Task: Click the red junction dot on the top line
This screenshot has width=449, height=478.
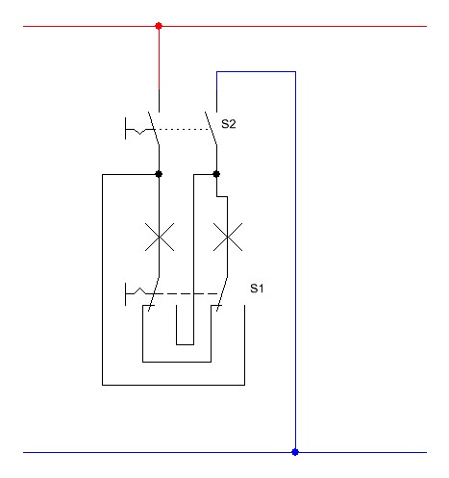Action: (x=159, y=26)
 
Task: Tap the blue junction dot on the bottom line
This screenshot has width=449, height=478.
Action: (x=295, y=452)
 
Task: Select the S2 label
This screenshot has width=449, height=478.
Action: (x=229, y=124)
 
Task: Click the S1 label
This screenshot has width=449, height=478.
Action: (x=257, y=289)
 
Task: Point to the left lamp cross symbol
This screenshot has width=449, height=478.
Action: (x=160, y=237)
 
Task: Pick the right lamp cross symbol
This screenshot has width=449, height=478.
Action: (x=228, y=237)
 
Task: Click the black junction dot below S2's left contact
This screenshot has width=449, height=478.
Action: (x=159, y=174)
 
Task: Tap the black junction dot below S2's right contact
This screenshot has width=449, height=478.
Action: (x=216, y=174)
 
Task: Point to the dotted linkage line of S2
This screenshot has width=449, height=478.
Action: (x=182, y=129)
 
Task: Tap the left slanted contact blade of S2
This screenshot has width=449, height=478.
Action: (x=154, y=128)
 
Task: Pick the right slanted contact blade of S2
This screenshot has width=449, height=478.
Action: (x=211, y=128)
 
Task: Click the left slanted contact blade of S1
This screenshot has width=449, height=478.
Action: (x=154, y=293)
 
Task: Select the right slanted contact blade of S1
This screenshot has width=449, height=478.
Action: (x=222, y=293)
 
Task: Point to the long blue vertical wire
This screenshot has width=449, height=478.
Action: (x=295, y=262)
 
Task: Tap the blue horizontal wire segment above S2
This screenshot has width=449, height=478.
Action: (x=256, y=72)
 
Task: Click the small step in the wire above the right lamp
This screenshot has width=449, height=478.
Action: (x=222, y=196)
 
